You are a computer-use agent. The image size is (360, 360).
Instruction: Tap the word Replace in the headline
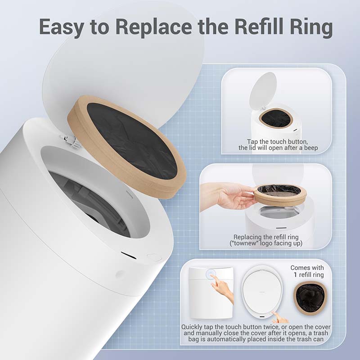pos(153,27)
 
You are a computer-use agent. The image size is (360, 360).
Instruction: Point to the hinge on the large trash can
pos(70,140)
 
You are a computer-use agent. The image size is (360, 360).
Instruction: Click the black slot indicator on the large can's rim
pos(129,255)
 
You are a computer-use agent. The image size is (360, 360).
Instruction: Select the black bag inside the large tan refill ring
pos(132,140)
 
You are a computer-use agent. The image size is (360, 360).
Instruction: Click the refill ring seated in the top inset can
pos(276,118)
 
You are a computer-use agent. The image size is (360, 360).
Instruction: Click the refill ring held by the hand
pos(280,195)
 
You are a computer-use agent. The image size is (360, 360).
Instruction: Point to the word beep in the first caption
pos(311,148)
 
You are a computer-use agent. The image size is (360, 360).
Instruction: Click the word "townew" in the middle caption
pos(244,243)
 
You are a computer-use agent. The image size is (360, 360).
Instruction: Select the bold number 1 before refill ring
pos(295,274)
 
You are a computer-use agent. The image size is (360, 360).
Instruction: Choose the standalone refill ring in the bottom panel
pos(310,297)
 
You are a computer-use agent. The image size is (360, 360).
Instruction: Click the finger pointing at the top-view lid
pos(279,317)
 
